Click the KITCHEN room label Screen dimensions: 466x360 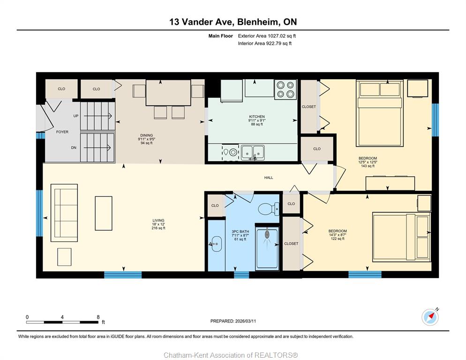click(x=257, y=117)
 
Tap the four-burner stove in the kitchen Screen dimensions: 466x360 click(x=286, y=90)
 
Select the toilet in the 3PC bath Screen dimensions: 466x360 click(x=269, y=209)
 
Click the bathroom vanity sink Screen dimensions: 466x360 click(x=216, y=244)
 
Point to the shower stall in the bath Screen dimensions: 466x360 click(x=267, y=248)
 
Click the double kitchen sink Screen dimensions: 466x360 click(x=253, y=152)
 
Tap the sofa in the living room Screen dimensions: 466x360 click(x=64, y=213)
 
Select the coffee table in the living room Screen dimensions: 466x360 click(x=104, y=213)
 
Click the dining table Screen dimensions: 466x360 click(x=168, y=92)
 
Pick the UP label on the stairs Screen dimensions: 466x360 click(x=76, y=116)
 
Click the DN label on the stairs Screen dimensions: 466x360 click(x=74, y=148)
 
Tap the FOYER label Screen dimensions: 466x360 click(x=62, y=132)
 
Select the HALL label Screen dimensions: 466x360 click(x=269, y=178)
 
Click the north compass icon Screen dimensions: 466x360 click(x=430, y=317)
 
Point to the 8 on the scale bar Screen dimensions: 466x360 click(x=98, y=317)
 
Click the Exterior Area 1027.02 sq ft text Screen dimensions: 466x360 click(x=267, y=36)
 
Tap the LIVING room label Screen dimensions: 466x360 click(x=158, y=221)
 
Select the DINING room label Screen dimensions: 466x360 click(x=147, y=135)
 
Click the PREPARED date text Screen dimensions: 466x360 click(x=233, y=321)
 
